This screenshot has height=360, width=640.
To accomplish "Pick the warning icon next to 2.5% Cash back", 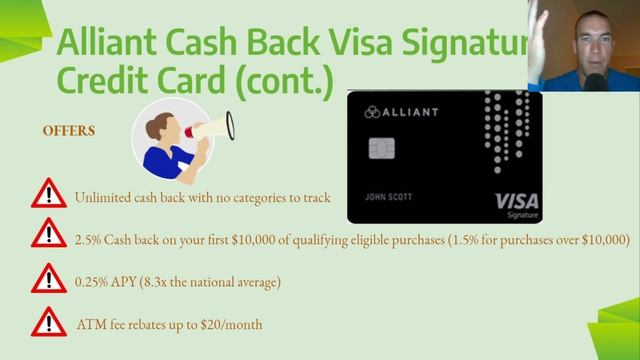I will tap(48, 236).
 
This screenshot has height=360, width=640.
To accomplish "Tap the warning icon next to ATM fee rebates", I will tap(48, 322).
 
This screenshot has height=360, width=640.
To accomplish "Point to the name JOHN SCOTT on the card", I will tap(386, 196).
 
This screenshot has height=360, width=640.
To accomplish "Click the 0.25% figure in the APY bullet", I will tap(93, 283).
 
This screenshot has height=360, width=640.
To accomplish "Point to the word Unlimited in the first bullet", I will tap(104, 197).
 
